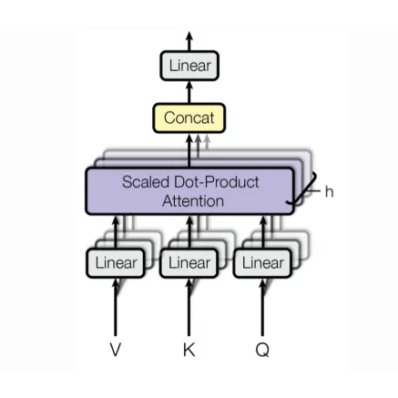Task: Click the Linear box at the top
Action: pyautogui.click(x=189, y=66)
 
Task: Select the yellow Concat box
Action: pyautogui.click(x=189, y=117)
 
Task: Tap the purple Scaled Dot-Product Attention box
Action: pyautogui.click(x=189, y=190)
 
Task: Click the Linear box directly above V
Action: pyautogui.click(x=116, y=263)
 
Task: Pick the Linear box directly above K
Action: pyautogui.click(x=189, y=263)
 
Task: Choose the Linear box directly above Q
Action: pyautogui.click(x=262, y=263)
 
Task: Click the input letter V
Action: pyautogui.click(x=116, y=350)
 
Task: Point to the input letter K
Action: pyautogui.click(x=189, y=350)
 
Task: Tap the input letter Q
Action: pyautogui.click(x=262, y=350)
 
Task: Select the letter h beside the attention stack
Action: pyautogui.click(x=329, y=191)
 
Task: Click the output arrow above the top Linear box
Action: pyautogui.click(x=189, y=41)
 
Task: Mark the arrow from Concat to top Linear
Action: pyautogui.click(x=189, y=91)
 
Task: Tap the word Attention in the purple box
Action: pyautogui.click(x=192, y=200)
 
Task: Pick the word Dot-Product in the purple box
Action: pyautogui.click(x=215, y=181)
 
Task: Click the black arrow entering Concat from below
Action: pyautogui.click(x=189, y=149)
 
